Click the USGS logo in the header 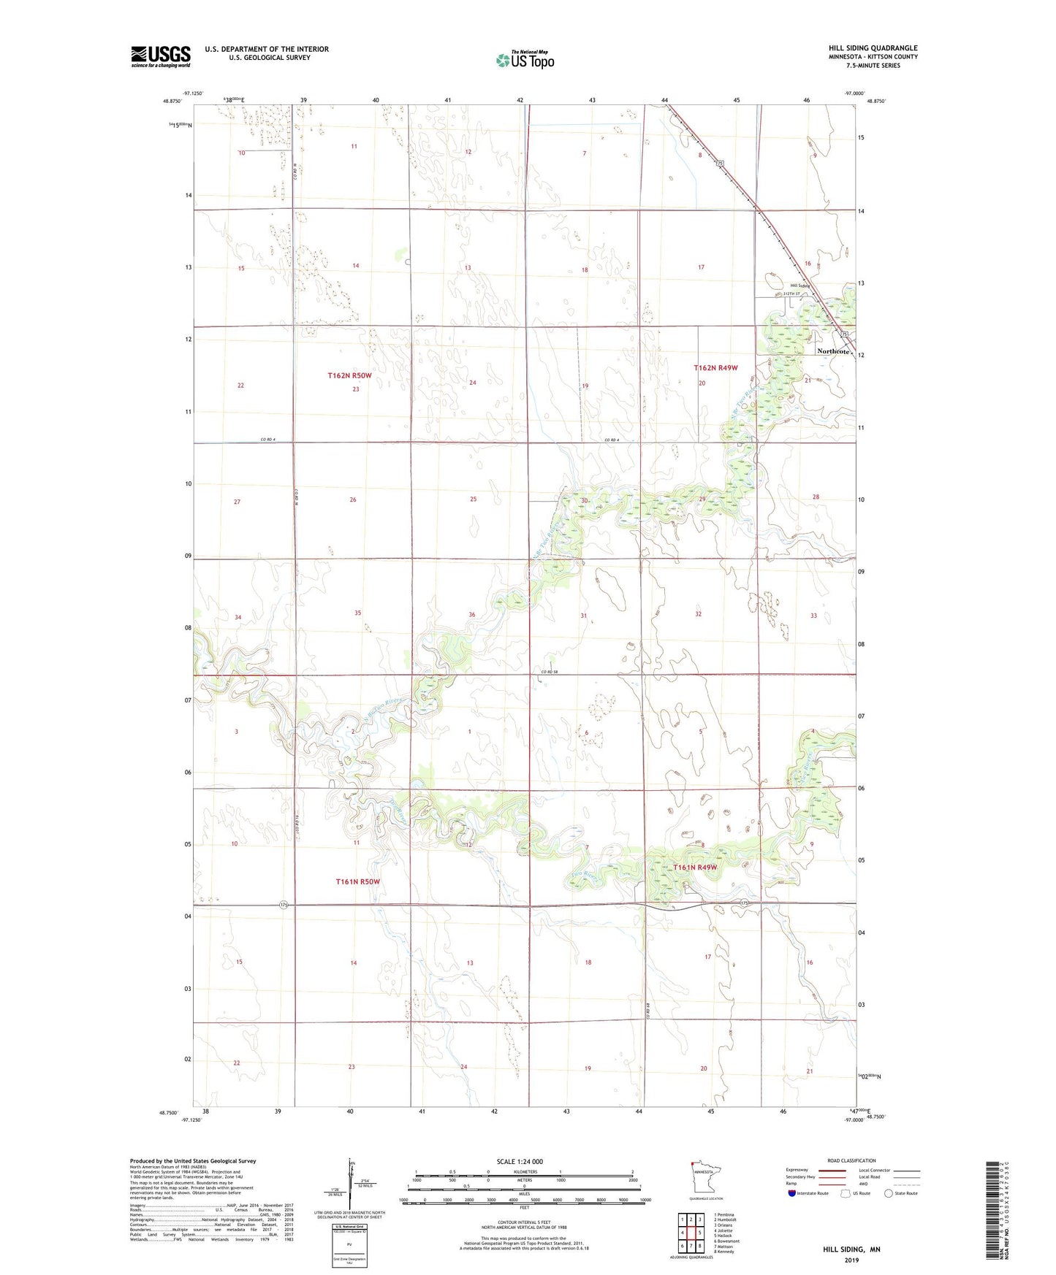click(x=161, y=56)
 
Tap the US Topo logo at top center click(x=525, y=60)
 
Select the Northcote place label click(x=833, y=351)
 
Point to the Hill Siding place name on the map click(x=801, y=286)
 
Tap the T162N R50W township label click(x=349, y=375)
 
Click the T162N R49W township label click(x=715, y=368)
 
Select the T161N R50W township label click(x=358, y=881)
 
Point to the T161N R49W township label click(x=695, y=868)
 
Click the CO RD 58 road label click(x=550, y=671)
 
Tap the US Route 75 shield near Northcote click(x=844, y=334)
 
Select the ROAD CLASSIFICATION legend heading click(x=851, y=1160)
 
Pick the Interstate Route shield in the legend click(x=792, y=1193)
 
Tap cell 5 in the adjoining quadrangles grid click(x=699, y=1233)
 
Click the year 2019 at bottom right click(x=851, y=1260)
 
